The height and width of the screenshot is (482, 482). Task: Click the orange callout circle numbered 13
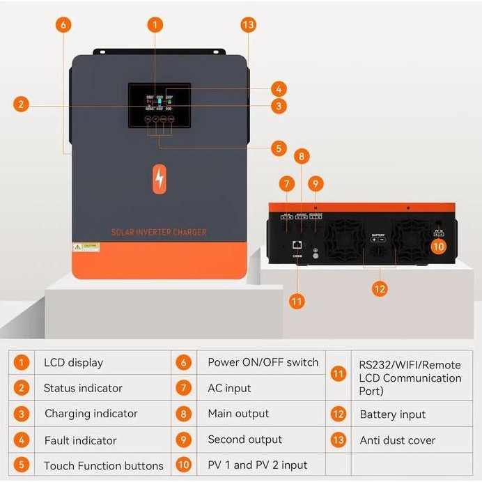[x=248, y=24]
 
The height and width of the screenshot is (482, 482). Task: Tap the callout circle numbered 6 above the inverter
[x=63, y=24]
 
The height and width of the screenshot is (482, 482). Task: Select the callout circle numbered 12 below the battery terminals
[x=380, y=288]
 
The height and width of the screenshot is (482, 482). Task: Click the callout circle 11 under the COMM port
[x=297, y=302]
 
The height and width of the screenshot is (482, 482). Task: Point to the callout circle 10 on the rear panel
[x=438, y=246]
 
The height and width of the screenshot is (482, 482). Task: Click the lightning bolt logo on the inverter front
[x=160, y=178]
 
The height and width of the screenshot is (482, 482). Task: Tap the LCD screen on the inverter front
[x=160, y=105]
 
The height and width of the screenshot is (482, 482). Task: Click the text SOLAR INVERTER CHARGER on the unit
[x=159, y=232]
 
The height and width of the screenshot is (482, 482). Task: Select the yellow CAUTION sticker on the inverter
[x=87, y=247]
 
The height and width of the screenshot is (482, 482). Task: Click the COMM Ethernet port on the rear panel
[x=297, y=245]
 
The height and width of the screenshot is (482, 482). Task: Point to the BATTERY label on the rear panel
[x=378, y=235]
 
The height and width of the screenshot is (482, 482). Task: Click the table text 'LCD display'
[x=73, y=362]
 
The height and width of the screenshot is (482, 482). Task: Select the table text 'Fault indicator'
[x=80, y=440]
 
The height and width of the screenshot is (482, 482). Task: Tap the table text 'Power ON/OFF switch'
[x=263, y=362]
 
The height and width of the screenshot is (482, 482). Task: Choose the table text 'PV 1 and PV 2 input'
[x=257, y=465]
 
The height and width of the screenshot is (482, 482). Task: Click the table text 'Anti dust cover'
[x=397, y=440]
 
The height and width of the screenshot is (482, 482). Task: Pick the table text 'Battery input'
[x=392, y=414]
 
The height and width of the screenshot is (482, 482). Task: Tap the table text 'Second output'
[x=244, y=440]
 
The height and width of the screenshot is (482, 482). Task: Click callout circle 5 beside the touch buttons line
[x=279, y=148]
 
